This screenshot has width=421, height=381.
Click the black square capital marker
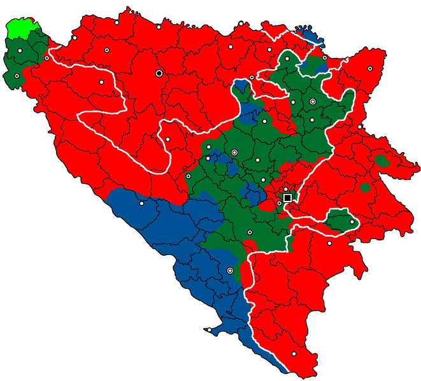point(287,198)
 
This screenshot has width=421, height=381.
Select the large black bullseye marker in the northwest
point(159,73)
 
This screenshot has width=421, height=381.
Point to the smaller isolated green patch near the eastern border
point(365,188)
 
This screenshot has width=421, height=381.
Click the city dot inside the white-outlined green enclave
point(352,221)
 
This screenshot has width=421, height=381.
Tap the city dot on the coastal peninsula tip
point(208,329)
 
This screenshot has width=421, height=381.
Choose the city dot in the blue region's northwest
point(141,204)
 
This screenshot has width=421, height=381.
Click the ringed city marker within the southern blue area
point(230,271)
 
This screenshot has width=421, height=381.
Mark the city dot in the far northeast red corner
point(370,68)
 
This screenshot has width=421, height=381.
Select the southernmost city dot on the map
point(294,354)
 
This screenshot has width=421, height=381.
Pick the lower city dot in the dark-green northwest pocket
point(17,76)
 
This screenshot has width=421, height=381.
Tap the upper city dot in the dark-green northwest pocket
point(20,50)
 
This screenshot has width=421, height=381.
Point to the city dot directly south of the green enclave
point(329,242)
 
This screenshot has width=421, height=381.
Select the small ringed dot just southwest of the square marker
point(279,204)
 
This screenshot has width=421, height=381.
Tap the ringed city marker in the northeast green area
point(312,101)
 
